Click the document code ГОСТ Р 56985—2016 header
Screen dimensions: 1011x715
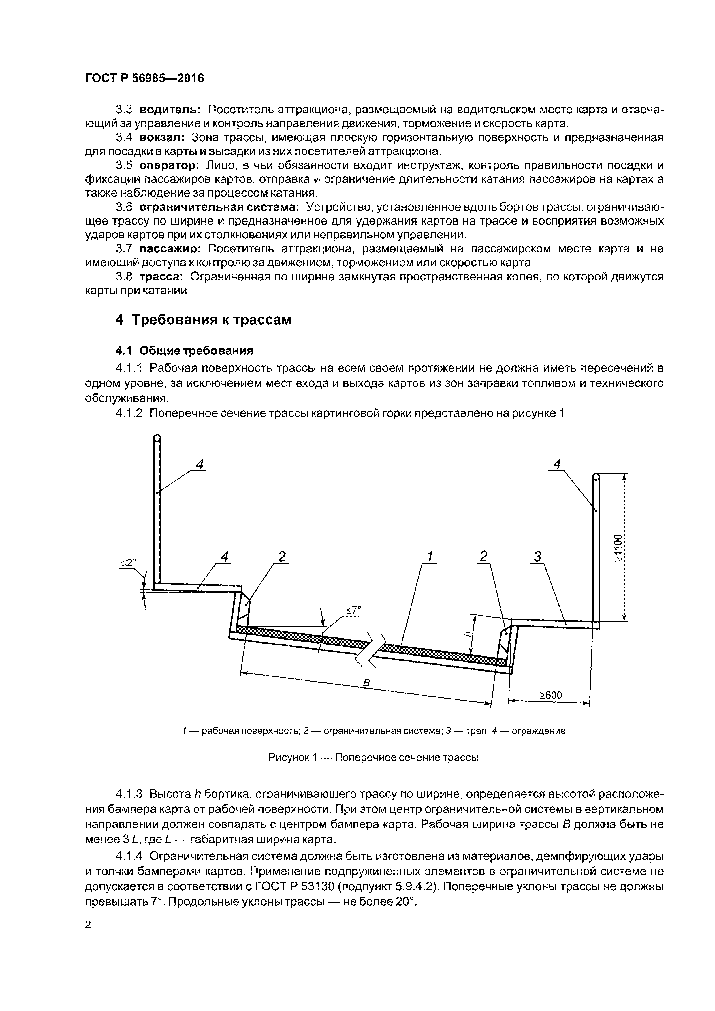144,78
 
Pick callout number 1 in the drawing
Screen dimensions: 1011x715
430,557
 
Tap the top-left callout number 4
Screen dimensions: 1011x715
200,464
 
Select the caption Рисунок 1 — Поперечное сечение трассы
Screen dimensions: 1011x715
373,757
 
